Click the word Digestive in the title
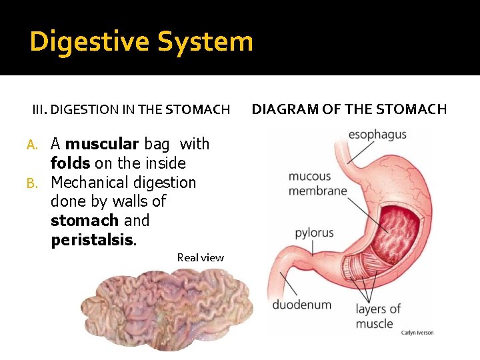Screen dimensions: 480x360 pos(89,42)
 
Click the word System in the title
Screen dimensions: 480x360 pos(205,42)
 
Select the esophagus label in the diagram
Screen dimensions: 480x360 pos(377,135)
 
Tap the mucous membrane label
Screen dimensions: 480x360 pos(317,183)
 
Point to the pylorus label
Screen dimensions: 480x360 pos(314,233)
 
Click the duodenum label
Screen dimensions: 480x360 pos(301,305)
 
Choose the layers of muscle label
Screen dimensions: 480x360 pos(378,316)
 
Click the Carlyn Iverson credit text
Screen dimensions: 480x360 pos(417,332)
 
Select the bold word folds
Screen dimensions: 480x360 pos(70,163)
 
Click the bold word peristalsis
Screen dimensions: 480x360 pos(93,240)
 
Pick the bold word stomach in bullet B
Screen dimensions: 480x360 pos(85,221)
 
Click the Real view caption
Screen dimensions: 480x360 pos(201,257)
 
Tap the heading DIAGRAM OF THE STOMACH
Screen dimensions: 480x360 pos(349,109)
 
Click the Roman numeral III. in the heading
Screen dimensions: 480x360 pos(41,109)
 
